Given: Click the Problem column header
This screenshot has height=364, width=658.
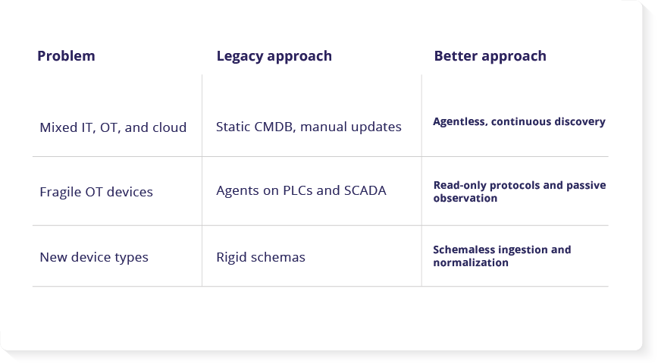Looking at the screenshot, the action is tap(66, 56).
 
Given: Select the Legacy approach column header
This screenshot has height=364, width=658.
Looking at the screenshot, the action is tap(274, 56).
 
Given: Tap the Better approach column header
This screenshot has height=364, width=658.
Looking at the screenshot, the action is tap(490, 56).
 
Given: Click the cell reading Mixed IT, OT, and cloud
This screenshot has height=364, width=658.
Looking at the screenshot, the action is tap(113, 127).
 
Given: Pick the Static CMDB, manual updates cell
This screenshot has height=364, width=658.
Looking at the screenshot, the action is tap(309, 127).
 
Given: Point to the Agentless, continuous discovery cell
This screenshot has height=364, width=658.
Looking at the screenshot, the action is tap(519, 121).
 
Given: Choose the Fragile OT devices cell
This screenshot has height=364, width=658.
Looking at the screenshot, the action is tap(96, 192).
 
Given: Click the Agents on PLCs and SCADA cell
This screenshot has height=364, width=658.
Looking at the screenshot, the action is tap(301, 190).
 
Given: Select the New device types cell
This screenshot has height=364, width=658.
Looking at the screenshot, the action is tap(94, 257).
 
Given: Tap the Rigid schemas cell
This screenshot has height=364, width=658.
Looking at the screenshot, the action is tap(261, 257).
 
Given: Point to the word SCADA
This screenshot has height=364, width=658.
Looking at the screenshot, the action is tap(365, 190).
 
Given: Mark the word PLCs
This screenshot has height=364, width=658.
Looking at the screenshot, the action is tap(298, 190).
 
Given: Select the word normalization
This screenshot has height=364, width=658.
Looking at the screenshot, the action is tap(471, 263).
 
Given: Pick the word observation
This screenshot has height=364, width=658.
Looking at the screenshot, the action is tap(465, 198).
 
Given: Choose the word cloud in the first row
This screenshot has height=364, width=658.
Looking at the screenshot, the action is tap(170, 127).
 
